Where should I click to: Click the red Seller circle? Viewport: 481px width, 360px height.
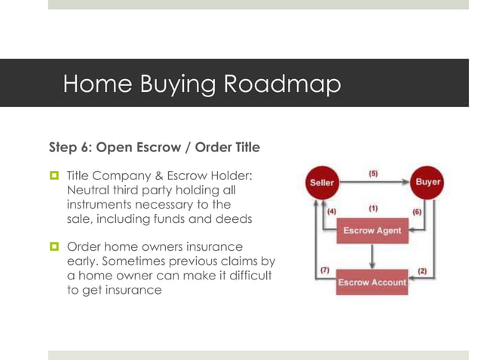click(x=322, y=183)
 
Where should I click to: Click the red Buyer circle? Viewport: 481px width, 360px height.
click(x=427, y=182)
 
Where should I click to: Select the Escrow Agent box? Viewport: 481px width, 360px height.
click(x=372, y=230)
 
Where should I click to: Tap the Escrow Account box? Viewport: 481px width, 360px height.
click(x=372, y=282)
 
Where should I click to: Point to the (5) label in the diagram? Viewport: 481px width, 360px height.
click(x=373, y=174)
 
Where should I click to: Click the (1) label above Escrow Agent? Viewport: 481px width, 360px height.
click(x=373, y=208)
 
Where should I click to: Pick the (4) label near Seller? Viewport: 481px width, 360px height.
click(x=332, y=212)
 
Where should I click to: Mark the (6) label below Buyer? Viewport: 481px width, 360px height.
click(x=417, y=212)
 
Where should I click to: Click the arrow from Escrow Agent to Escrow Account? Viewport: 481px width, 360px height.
click(x=372, y=257)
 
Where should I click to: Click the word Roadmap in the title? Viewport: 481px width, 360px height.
click(x=282, y=84)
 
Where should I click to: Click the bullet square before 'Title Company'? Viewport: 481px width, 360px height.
click(x=54, y=175)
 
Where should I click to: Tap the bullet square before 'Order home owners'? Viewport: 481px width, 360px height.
click(x=54, y=247)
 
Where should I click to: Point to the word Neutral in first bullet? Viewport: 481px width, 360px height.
click(x=91, y=190)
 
